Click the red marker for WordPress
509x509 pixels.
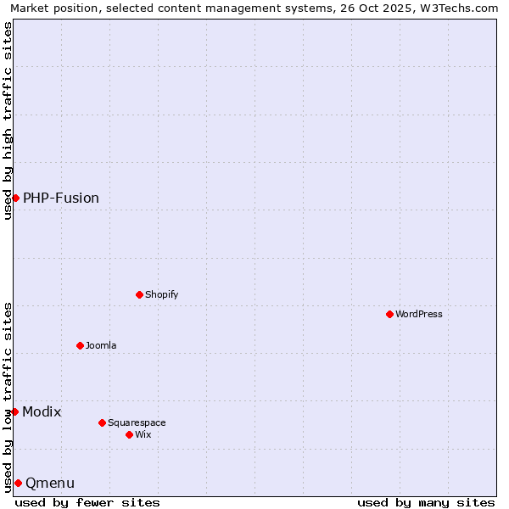coord(389,314)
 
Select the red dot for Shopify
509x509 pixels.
coord(139,294)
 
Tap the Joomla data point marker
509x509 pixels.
coord(80,345)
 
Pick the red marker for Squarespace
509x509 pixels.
coord(102,422)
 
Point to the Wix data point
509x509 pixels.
coord(129,434)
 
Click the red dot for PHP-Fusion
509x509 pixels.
coord(15,198)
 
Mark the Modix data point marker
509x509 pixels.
coord(14,411)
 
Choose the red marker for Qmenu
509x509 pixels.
coord(18,483)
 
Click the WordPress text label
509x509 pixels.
coord(419,314)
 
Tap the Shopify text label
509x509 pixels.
coord(161,294)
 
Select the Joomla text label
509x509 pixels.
coord(101,345)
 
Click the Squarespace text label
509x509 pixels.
coord(137,422)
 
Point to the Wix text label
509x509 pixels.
coord(143,434)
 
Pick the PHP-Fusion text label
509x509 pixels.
coord(61,198)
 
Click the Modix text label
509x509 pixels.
coord(42,411)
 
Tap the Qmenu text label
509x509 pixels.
coord(50,483)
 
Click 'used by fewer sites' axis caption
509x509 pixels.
coord(87,502)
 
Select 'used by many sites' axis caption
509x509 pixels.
coord(426,502)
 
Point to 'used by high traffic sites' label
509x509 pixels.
coord(8,120)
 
